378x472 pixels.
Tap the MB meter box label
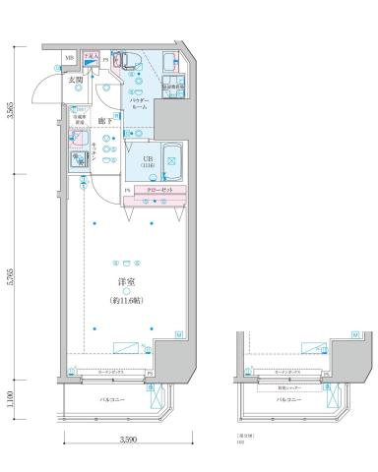click(69, 59)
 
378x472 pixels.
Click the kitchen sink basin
click(77, 160)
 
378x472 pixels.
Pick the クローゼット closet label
click(159, 189)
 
